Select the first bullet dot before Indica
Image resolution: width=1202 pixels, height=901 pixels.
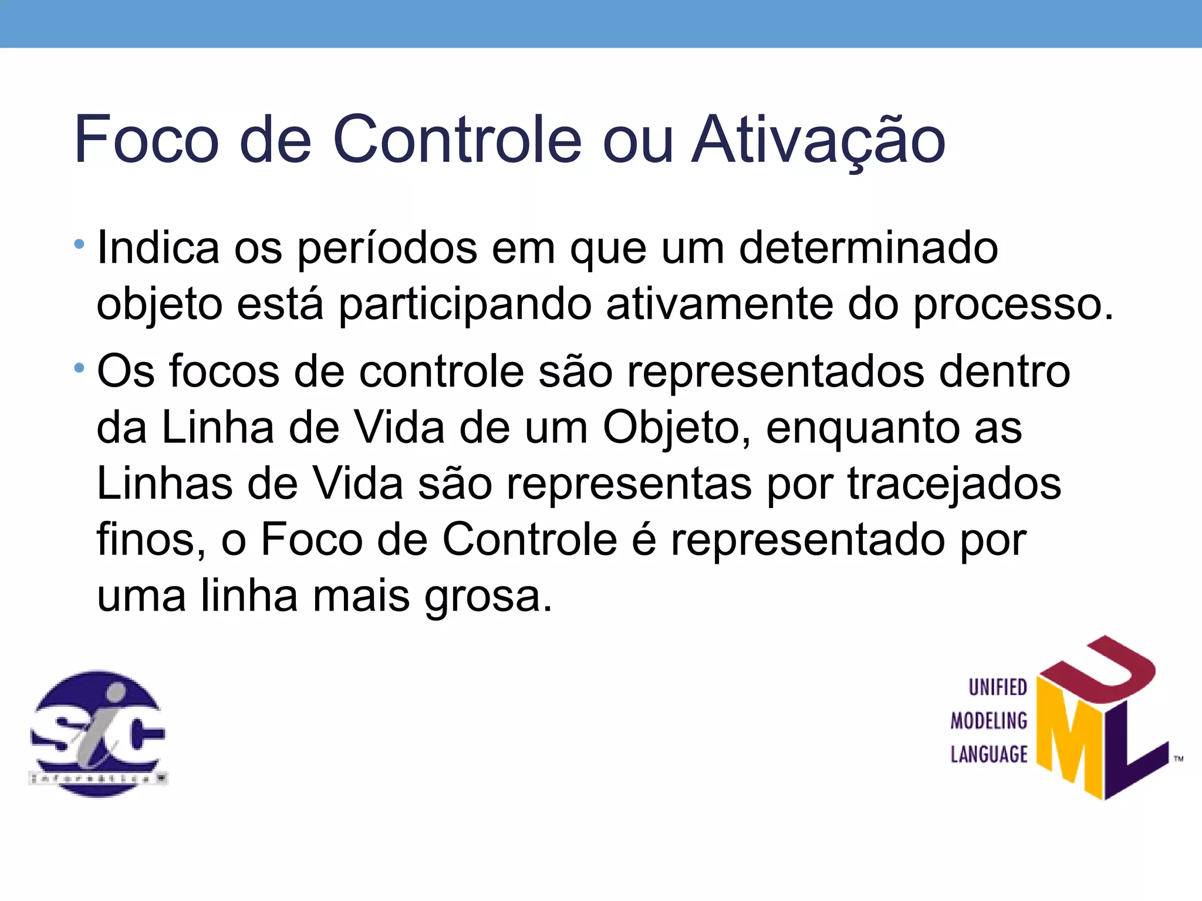(79, 243)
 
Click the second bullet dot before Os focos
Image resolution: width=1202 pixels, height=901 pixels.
(79, 368)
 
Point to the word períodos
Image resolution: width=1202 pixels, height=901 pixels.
(387, 249)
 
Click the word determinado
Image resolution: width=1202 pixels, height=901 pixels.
(868, 248)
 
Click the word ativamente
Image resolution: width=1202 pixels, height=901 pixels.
(720, 304)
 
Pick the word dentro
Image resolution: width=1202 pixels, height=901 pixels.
(1004, 372)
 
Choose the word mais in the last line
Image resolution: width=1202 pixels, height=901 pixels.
(361, 596)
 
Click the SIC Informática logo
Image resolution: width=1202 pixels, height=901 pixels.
(98, 733)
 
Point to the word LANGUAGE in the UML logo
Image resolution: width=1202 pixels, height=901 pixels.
(989, 754)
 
